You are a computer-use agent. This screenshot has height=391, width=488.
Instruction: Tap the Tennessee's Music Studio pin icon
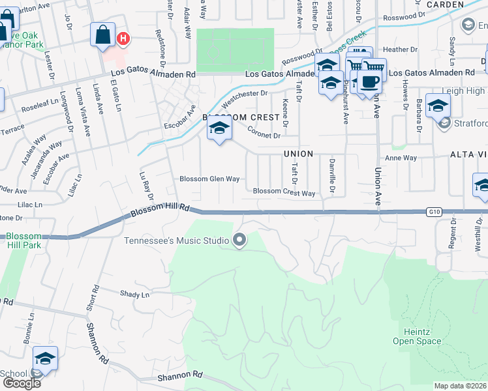[239, 240]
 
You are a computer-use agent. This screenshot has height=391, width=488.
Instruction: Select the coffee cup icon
[369, 81]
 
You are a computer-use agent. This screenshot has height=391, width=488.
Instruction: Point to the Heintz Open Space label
[417, 336]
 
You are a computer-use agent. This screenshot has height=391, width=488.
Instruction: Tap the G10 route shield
[435, 211]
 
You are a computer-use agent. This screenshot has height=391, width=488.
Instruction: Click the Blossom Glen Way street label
[209, 179]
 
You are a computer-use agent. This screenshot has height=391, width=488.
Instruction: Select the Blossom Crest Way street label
[284, 192]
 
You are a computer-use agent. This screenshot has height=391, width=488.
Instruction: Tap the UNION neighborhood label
[298, 154]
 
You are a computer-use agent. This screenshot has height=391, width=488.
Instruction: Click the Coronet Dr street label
[264, 132]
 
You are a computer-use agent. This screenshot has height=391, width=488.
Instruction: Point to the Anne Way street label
[401, 158]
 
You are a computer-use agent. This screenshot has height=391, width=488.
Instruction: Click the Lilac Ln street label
[29, 204]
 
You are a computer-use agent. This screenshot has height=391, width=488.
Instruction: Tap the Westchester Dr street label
[245, 98]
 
